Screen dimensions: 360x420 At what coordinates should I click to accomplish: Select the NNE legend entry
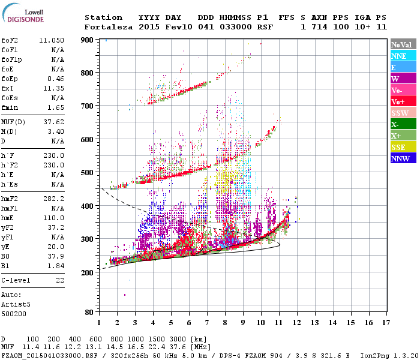click(402, 56)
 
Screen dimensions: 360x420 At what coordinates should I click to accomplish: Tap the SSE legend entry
click(402, 147)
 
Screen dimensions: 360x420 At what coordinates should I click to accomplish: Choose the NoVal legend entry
click(402, 44)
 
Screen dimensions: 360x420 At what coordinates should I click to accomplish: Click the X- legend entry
click(402, 124)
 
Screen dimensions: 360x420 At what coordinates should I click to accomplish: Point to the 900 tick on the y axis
click(87, 40)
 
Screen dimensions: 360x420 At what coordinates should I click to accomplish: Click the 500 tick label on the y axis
click(87, 173)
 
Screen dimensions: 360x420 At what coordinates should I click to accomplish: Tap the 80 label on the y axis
click(89, 313)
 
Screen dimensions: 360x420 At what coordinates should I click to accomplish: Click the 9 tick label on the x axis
click(243, 322)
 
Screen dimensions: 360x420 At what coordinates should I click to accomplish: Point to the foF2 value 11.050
click(51, 40)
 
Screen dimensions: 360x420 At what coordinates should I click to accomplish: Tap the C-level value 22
click(59, 280)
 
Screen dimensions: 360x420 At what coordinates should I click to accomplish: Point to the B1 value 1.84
click(56, 265)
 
